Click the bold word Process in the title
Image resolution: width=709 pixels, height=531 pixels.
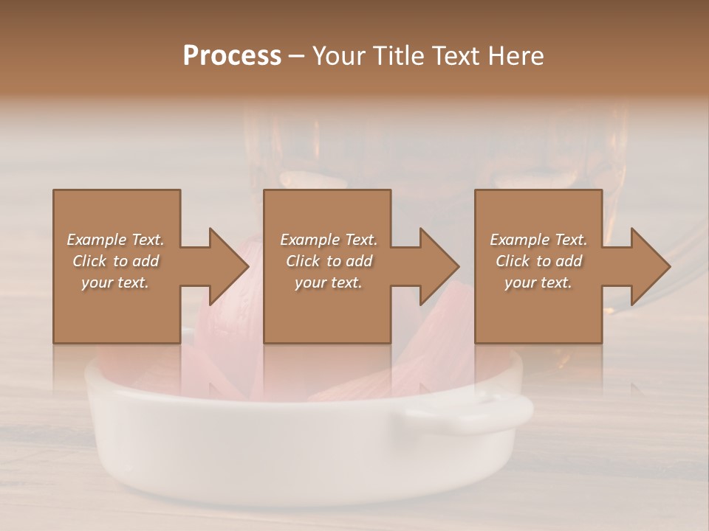[232, 56]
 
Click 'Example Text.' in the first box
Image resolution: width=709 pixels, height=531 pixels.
[115, 240]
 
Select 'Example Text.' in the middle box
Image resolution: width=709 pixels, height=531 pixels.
[329, 240]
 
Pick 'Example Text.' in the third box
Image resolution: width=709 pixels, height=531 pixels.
[538, 240]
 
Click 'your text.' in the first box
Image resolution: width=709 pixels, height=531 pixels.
[115, 282]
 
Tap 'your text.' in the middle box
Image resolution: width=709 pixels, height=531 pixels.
[329, 282]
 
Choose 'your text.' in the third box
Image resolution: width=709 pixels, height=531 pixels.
[538, 282]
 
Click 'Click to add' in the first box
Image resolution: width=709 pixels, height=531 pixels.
[115, 261]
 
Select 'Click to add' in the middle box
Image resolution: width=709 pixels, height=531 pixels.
[329, 261]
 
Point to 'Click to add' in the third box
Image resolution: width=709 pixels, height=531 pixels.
[538, 261]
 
